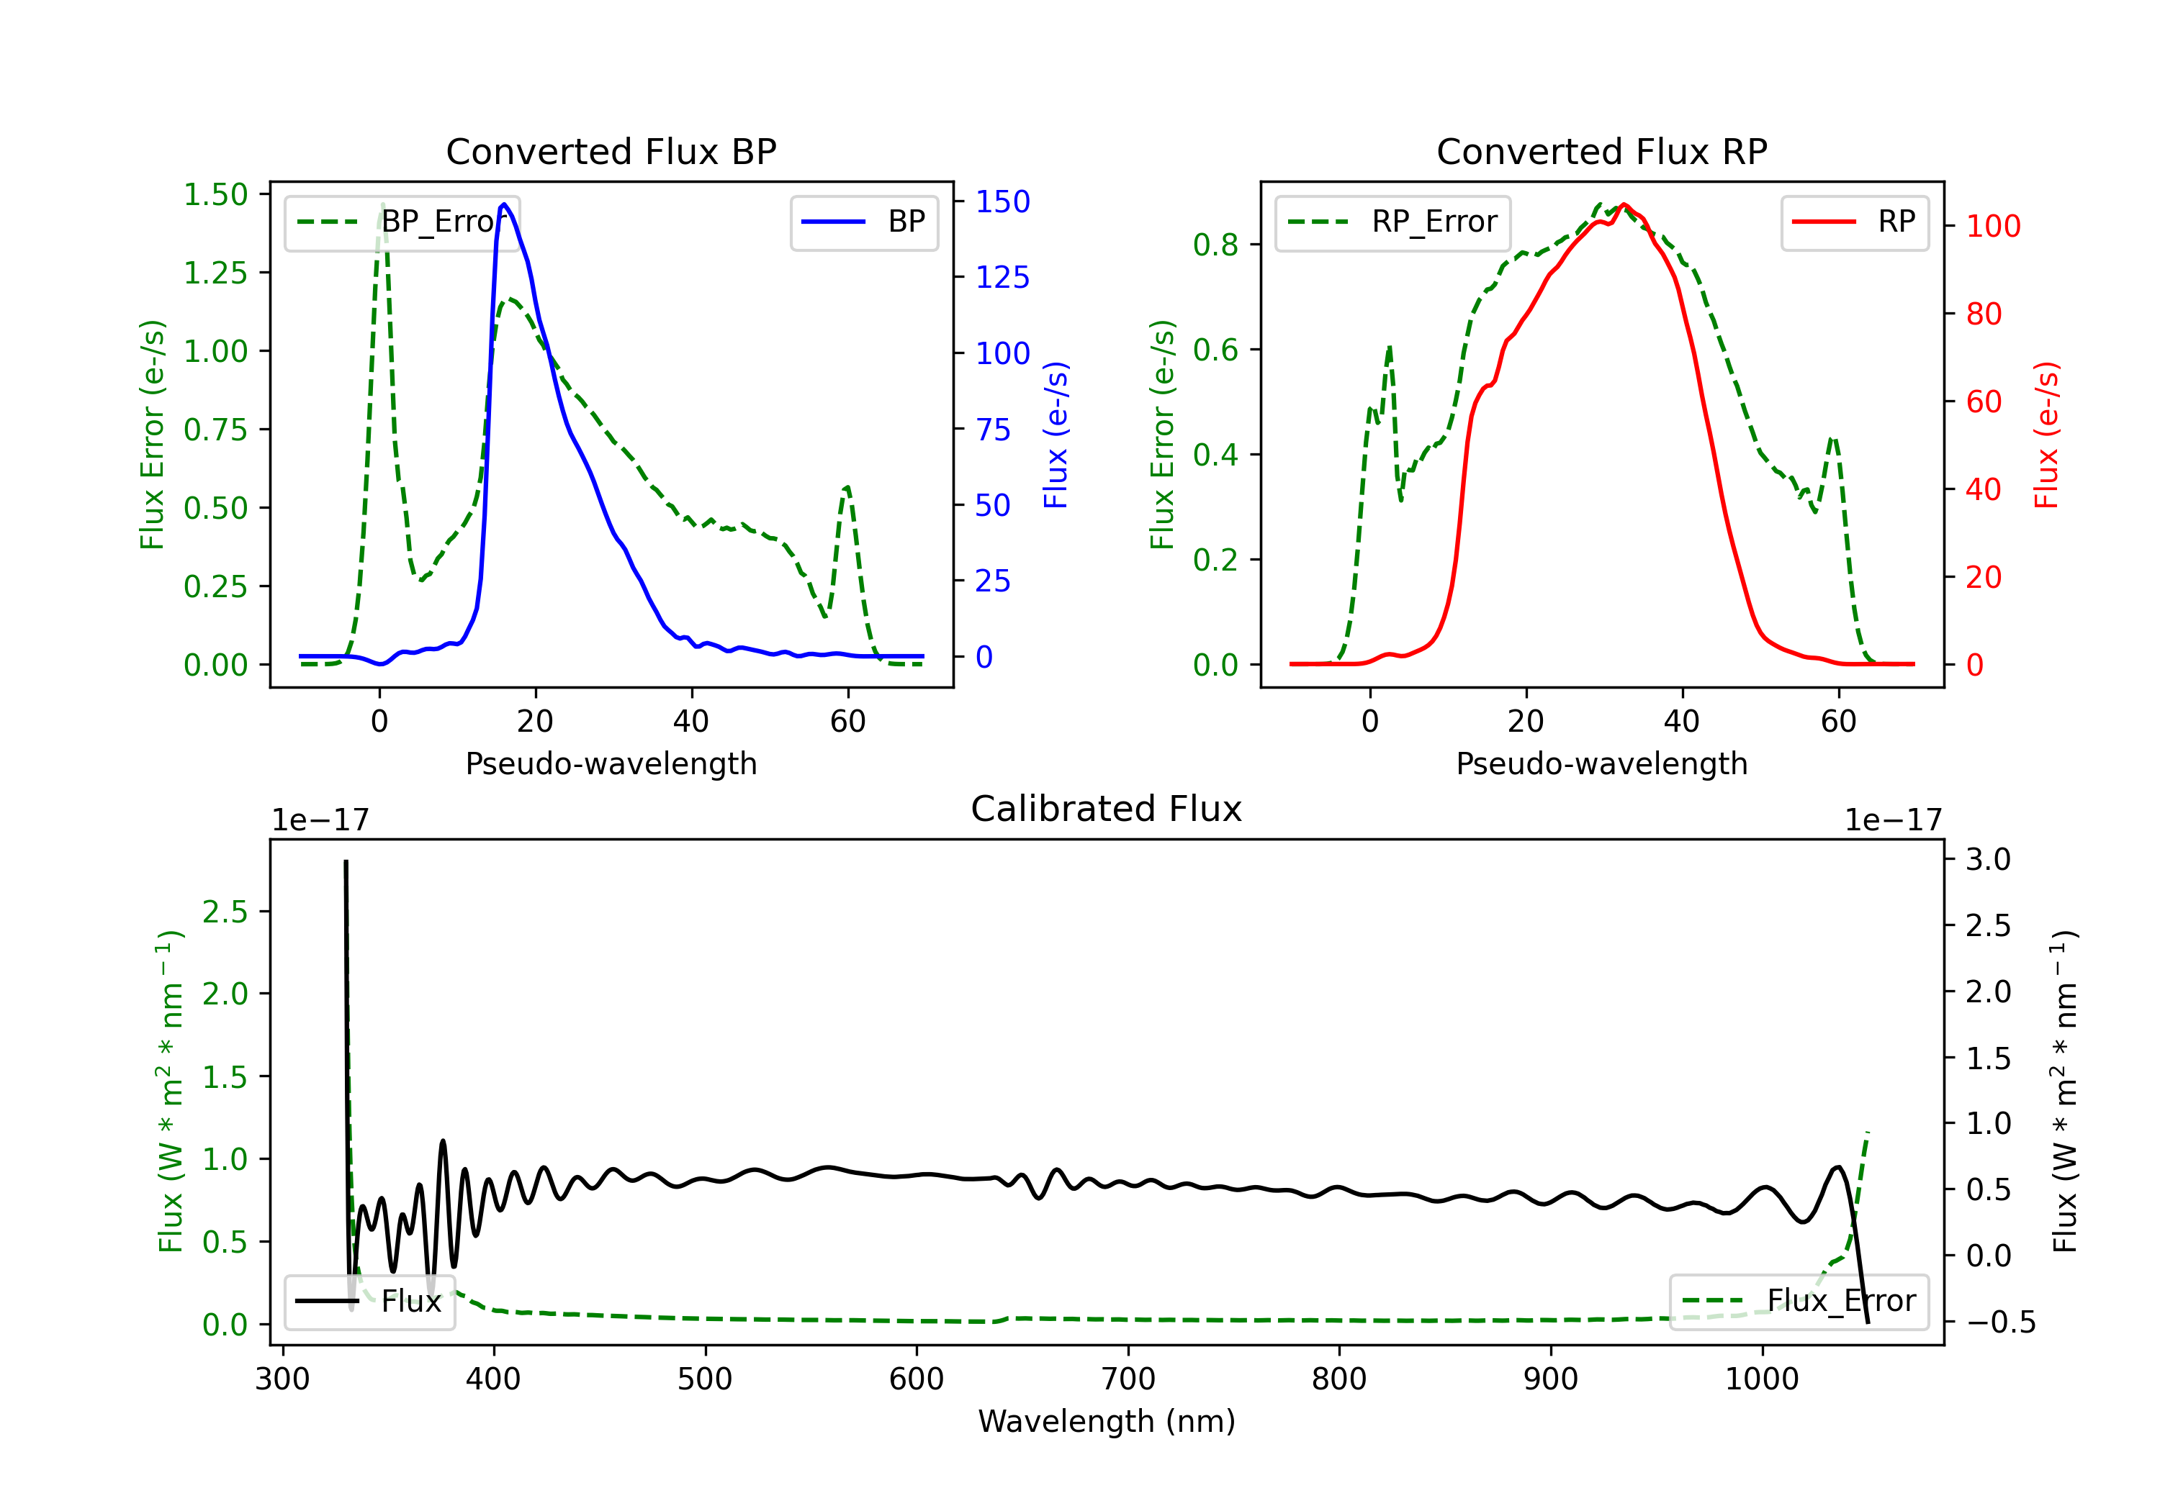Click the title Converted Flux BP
(611, 151)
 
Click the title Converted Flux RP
(1601, 151)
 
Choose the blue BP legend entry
(863, 222)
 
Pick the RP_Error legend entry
(1392, 222)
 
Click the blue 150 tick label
(1002, 201)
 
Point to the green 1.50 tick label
(215, 195)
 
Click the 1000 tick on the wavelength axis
(1761, 1379)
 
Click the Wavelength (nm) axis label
(1107, 1421)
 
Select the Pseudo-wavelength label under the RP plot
(1601, 763)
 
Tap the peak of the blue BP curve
(504, 204)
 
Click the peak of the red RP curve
(1624, 204)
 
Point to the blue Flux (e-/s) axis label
(1056, 435)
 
